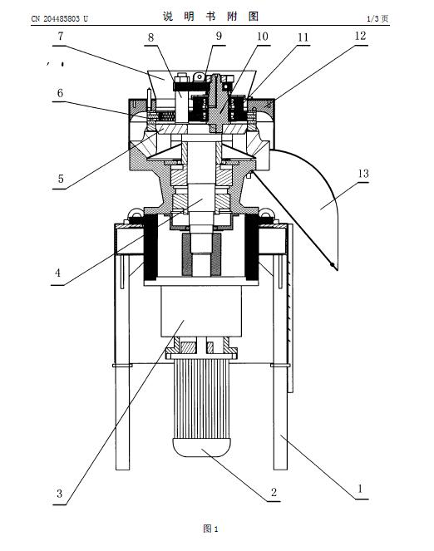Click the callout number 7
click(61, 37)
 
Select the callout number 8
click(150, 37)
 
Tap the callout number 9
click(219, 36)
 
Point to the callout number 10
click(263, 37)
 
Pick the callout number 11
click(303, 37)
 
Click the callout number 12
click(361, 36)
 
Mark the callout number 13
click(363, 174)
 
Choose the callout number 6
click(61, 93)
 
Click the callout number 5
click(61, 179)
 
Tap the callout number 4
click(57, 273)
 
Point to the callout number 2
click(274, 492)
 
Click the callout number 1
click(360, 489)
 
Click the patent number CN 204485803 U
click(59, 18)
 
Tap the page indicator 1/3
click(372, 18)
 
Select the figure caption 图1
click(211, 529)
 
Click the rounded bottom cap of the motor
click(201, 446)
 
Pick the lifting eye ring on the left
click(135, 212)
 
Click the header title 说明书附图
click(210, 16)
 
